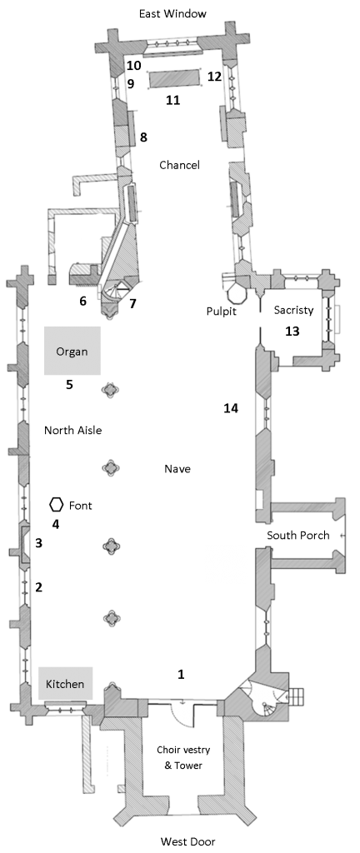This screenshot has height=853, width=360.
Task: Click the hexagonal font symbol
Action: tap(56, 505)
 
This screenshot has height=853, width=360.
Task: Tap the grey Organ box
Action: tap(72, 351)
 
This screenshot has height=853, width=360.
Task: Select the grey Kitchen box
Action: tap(65, 683)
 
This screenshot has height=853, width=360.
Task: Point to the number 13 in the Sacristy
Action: tap(292, 331)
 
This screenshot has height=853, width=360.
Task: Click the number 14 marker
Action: tap(231, 407)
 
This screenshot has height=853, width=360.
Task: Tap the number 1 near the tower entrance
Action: tap(181, 674)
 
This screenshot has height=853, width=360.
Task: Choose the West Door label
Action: tap(187, 841)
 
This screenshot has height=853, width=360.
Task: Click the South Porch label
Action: tap(298, 536)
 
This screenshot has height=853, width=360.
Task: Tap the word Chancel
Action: tap(179, 165)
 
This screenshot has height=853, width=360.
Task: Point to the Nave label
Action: tap(178, 468)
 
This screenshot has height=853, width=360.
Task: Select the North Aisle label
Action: tap(72, 431)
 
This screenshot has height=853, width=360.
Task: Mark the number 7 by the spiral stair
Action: tap(132, 303)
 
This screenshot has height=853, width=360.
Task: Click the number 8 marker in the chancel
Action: tap(143, 137)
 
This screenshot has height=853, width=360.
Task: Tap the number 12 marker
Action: tap(215, 77)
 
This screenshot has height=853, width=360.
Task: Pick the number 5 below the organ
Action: tap(70, 385)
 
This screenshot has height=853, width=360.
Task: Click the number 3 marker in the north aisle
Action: tap(38, 543)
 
